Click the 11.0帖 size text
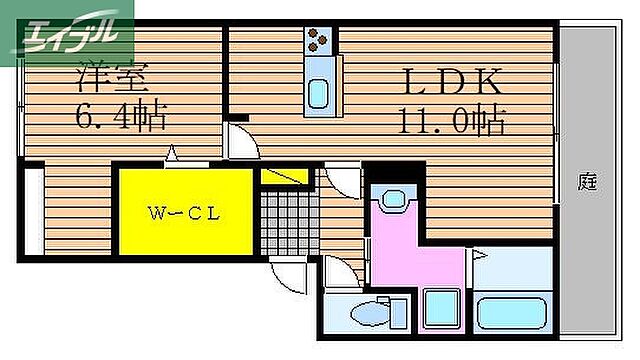(452, 122)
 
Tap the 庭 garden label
(587, 182)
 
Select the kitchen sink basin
(319, 94)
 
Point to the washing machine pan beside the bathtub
(440, 310)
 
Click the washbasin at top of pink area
(392, 201)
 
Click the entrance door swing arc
(287, 277)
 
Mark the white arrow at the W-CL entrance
(172, 156)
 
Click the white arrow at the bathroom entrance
(479, 257)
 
